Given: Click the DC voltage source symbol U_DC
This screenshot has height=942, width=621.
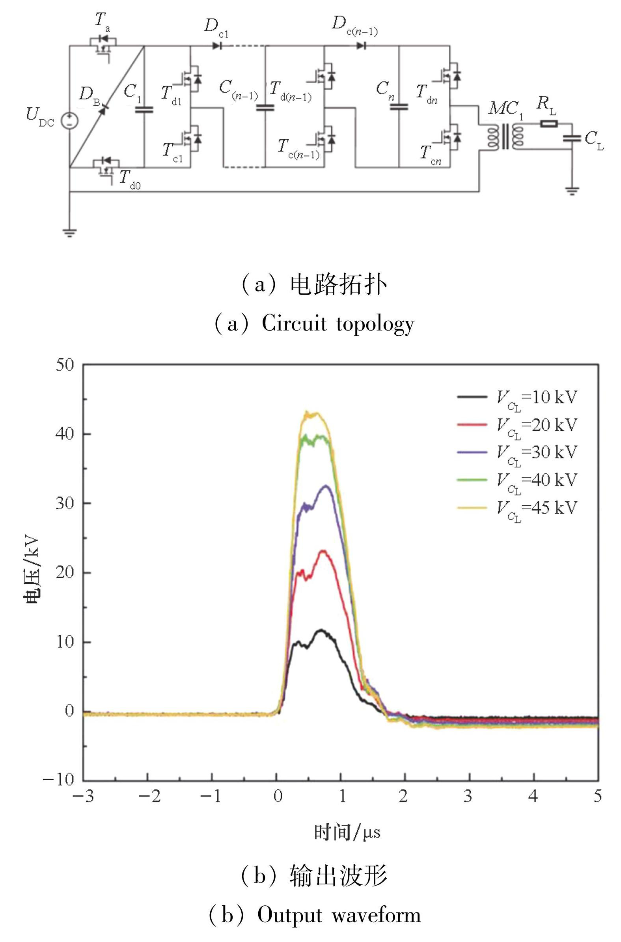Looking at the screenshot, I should (69, 121).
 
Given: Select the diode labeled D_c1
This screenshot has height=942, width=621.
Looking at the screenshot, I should (217, 46).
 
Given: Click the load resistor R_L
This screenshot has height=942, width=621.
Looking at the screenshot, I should (549, 124).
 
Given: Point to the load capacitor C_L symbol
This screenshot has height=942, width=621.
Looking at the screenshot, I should (571, 138).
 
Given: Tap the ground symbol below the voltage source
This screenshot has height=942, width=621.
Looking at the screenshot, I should (70, 232).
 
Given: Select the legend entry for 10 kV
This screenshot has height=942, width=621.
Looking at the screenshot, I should (517, 397).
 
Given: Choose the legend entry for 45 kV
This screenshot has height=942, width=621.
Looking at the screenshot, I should (517, 508).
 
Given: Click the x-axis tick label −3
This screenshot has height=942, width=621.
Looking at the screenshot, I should (83, 796).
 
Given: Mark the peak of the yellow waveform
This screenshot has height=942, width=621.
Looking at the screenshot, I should (307, 413).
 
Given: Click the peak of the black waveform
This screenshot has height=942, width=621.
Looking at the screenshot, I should (321, 630).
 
